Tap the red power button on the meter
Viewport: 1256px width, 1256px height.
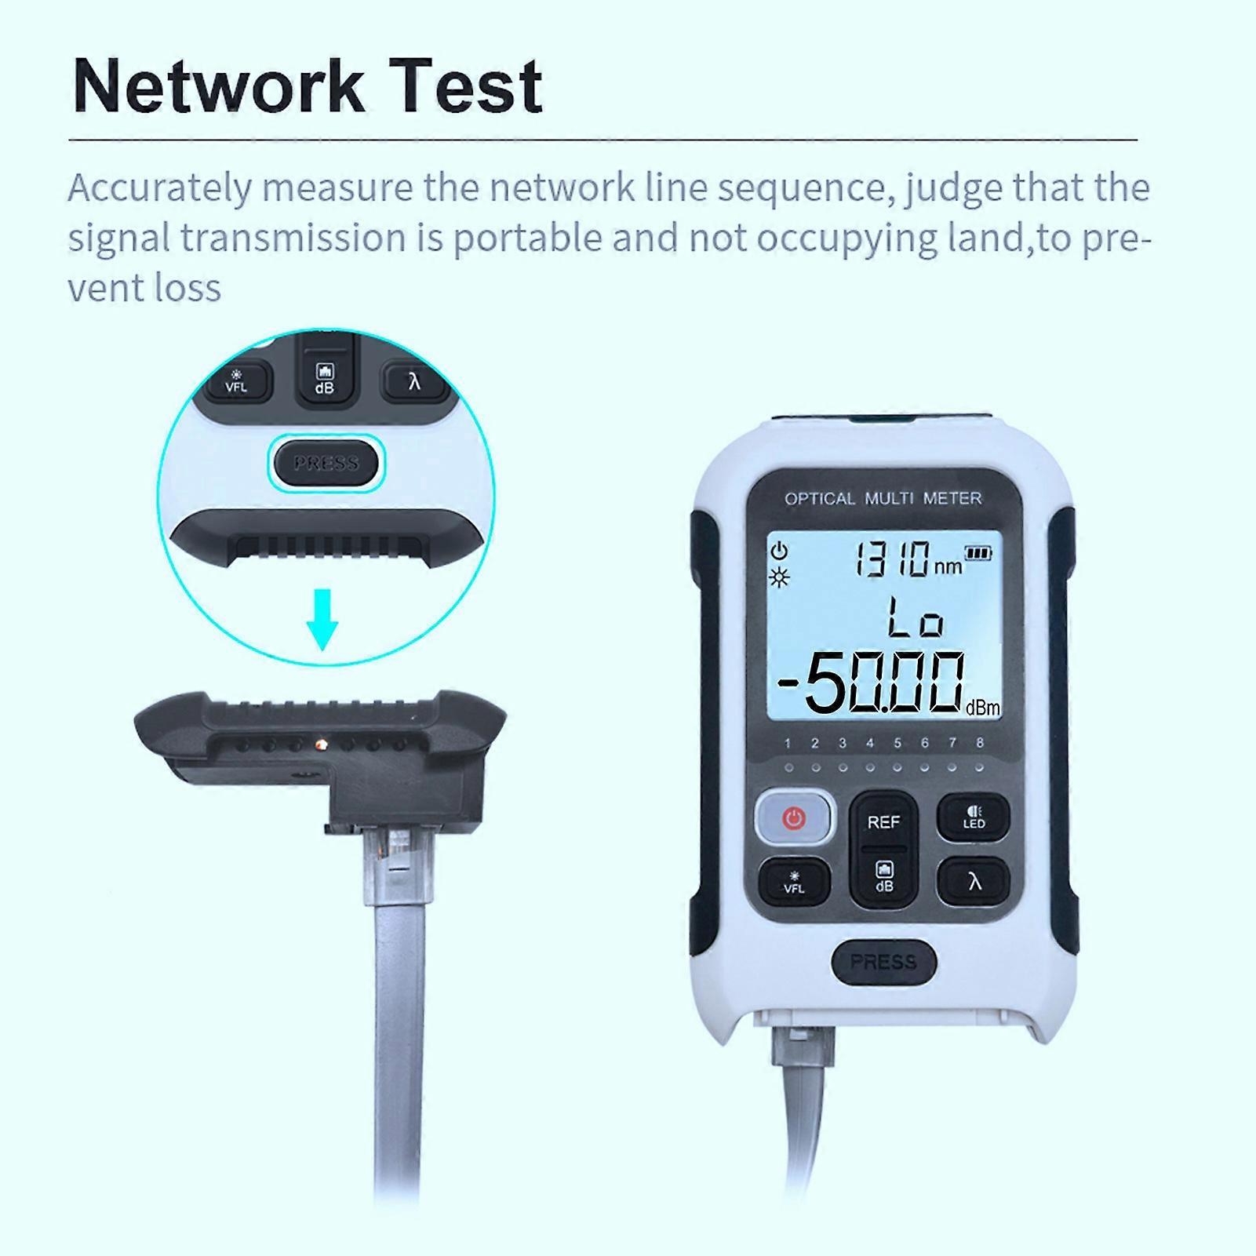[x=794, y=819]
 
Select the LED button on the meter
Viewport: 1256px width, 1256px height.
[x=974, y=817]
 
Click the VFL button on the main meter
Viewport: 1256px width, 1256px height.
[x=794, y=882]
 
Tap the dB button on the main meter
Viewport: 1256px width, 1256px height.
[x=884, y=877]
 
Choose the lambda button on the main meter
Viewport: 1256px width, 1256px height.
[x=974, y=882]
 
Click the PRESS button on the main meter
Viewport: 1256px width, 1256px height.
[x=883, y=962]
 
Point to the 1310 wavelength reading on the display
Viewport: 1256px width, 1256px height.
[x=892, y=559]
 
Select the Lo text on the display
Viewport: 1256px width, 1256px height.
[x=916, y=617]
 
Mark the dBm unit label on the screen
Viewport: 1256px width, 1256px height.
[x=982, y=708]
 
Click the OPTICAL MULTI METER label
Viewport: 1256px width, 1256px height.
[x=883, y=498]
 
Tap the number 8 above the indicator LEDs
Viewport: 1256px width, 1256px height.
[x=980, y=743]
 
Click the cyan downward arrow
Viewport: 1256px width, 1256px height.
[x=322, y=621]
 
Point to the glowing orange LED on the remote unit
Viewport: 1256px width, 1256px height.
[x=320, y=742]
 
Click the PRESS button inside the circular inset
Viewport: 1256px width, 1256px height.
[x=326, y=463]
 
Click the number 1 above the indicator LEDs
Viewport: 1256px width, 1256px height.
[x=788, y=743]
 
